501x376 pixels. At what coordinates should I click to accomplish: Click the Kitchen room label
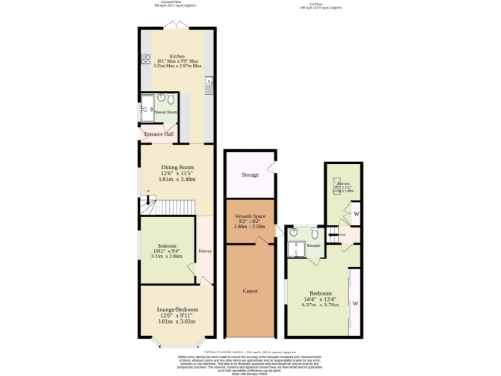[177, 56]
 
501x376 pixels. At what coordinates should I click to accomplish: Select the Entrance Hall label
[159, 132]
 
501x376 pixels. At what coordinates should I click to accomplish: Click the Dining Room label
[177, 167]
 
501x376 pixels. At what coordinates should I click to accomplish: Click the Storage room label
[251, 176]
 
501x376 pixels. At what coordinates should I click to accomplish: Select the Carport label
[250, 291]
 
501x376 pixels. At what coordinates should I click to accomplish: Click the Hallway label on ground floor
[205, 251]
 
